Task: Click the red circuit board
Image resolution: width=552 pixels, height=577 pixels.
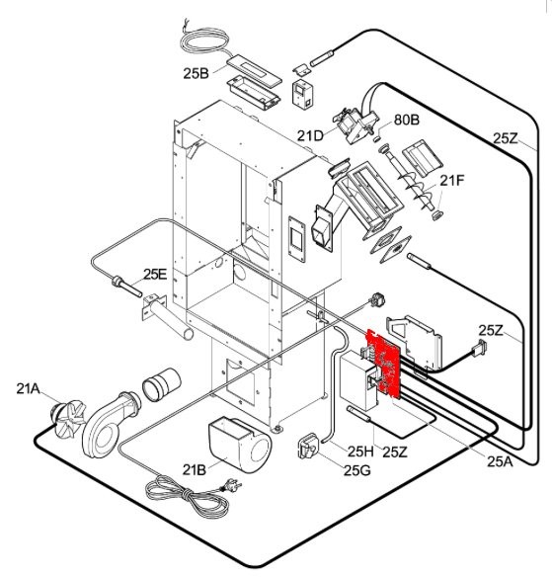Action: (384, 363)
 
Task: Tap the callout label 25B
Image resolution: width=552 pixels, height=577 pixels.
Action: (196, 73)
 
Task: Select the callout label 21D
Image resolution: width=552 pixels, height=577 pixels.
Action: (310, 136)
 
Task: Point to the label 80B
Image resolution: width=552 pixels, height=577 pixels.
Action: (407, 120)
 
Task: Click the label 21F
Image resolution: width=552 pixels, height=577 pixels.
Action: (452, 181)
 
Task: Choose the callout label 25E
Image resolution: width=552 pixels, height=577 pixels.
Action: (155, 274)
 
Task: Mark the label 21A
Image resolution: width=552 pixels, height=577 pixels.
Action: (29, 388)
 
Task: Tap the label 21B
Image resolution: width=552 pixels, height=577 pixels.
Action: (195, 469)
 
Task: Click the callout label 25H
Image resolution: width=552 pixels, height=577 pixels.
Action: (360, 452)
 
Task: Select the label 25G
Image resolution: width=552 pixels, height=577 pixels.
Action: (357, 470)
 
